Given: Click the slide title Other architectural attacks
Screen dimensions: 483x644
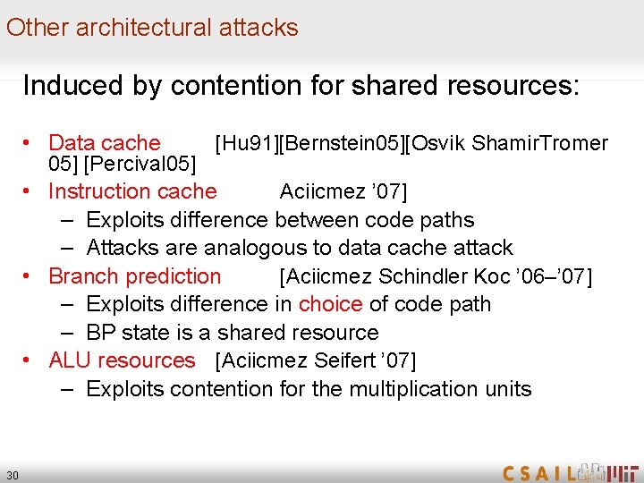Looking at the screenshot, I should click(152, 27).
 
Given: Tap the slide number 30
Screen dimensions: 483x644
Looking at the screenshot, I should click(13, 474).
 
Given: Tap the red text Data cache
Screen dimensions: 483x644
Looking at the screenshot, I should click(104, 143).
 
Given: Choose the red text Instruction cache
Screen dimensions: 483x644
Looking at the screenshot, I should click(132, 191).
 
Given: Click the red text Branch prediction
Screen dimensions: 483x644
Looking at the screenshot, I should click(134, 276).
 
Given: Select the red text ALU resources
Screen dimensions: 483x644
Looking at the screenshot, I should click(122, 360).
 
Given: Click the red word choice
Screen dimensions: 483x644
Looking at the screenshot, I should click(330, 304).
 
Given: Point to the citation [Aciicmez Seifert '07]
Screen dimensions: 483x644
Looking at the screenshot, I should click(316, 361).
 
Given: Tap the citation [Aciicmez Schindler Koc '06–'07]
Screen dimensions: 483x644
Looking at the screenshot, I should click(436, 277).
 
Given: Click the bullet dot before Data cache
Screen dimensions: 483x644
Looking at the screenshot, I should click(30, 143).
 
